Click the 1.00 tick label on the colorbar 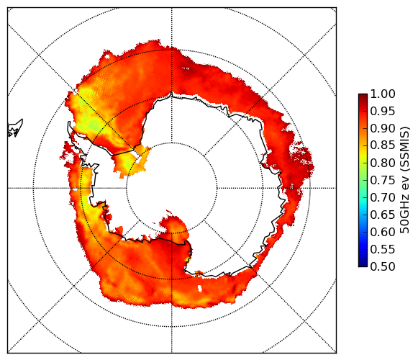(383, 94)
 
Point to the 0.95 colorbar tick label (383, 112)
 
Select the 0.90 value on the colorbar (383, 128)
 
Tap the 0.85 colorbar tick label (383, 145)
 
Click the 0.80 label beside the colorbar (383, 163)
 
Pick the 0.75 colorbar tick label (383, 180)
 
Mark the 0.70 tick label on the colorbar (383, 197)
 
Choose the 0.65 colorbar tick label (383, 215)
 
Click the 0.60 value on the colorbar (383, 232)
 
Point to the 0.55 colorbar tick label (383, 249)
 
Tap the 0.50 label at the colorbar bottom (383, 266)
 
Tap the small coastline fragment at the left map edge (15, 128)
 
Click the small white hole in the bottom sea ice (199, 288)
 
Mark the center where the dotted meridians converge (172, 188)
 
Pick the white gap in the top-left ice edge (107, 56)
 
